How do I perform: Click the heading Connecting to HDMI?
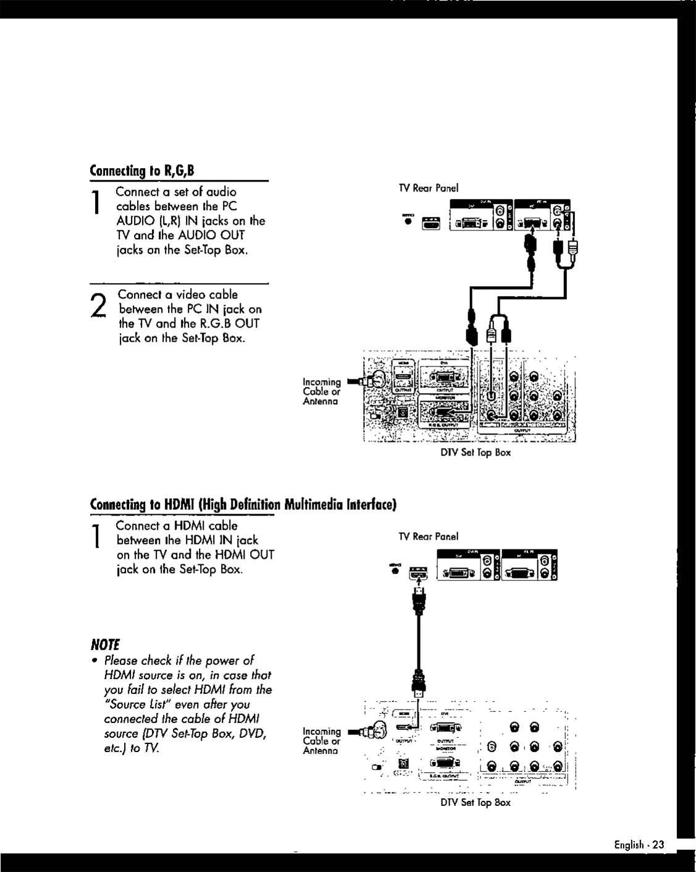click(242, 504)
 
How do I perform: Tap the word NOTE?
click(104, 643)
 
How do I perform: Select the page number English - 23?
click(639, 845)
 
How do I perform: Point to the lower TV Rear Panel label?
click(428, 536)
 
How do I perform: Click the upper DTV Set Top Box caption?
click(475, 453)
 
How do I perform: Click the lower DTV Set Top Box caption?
click(475, 802)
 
